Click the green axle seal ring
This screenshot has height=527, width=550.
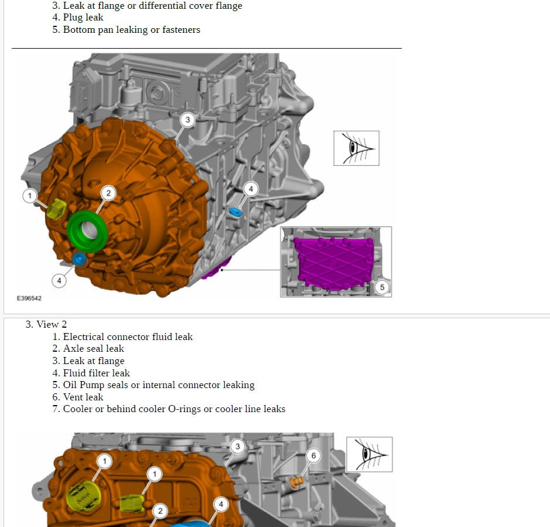coord(87,232)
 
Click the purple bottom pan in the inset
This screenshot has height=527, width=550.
coord(334,263)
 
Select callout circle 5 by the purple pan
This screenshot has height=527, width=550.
coord(382,287)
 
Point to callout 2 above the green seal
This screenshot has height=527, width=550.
coord(108,193)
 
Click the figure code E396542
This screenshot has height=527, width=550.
coord(29,298)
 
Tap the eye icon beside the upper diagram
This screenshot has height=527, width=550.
coord(356,148)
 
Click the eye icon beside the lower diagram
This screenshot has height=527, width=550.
coord(370,454)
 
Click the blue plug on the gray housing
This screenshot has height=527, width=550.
coord(235,212)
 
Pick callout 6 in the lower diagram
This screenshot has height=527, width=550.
coord(313,455)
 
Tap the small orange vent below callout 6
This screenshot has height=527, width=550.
coord(297,482)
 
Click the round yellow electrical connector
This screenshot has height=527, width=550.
coord(84,497)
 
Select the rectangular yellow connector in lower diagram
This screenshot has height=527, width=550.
coord(132,503)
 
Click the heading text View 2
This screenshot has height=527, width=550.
coord(52,324)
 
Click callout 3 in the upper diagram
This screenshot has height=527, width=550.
coord(187,120)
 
